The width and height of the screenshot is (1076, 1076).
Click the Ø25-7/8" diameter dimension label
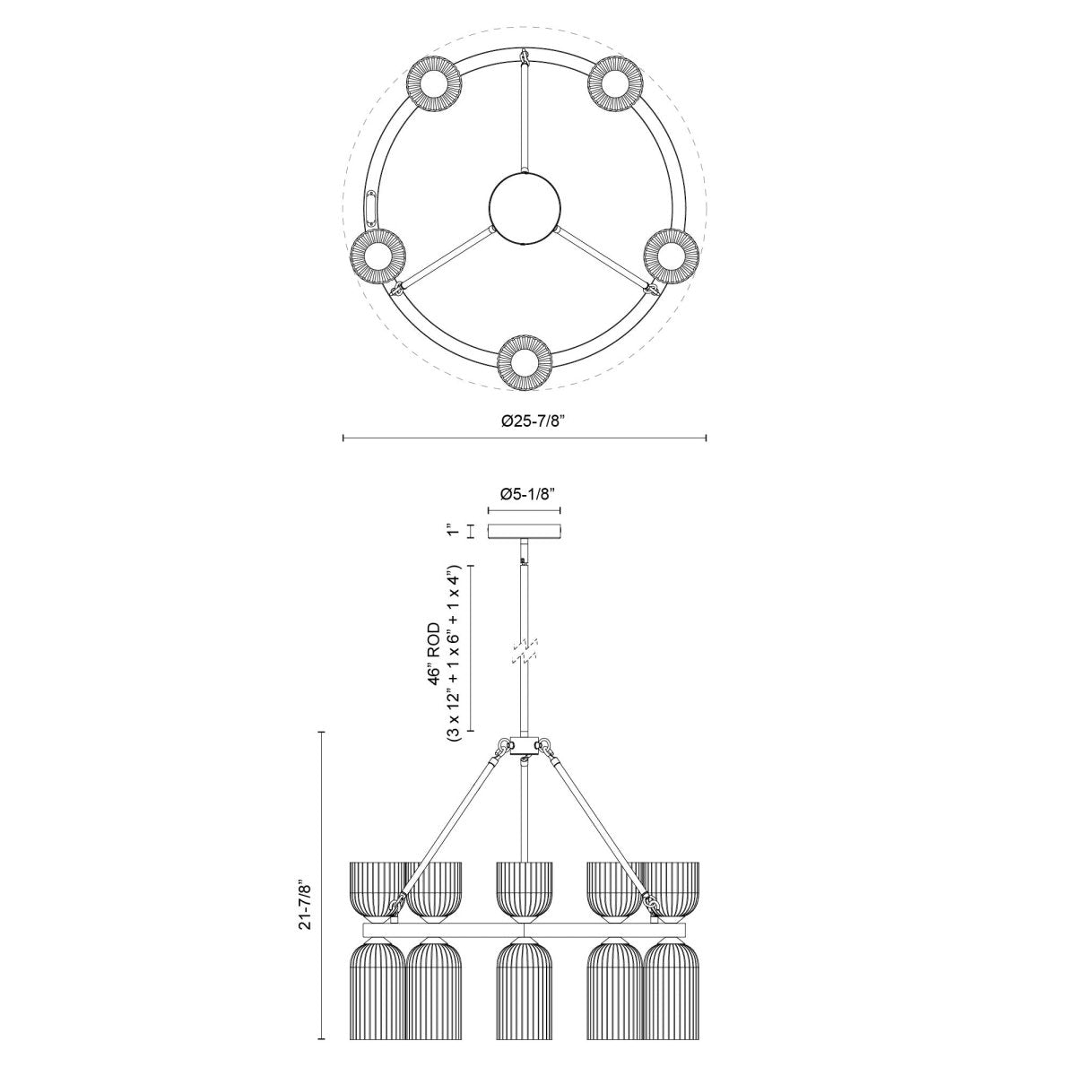click(525, 421)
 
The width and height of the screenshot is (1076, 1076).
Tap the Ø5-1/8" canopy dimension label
click(525, 493)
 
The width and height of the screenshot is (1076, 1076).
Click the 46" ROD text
click(435, 653)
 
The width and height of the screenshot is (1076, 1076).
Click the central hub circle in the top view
click(525, 209)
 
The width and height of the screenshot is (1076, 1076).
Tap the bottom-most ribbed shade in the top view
click(525, 361)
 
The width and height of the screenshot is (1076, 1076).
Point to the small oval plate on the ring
click(373, 207)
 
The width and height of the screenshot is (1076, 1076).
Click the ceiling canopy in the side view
click(525, 531)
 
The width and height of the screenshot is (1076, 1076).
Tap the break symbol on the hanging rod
click(525, 651)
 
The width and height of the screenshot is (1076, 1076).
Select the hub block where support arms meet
click(525, 746)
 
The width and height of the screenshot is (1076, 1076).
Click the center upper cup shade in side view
click(525, 888)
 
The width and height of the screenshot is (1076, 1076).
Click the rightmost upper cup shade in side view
click(672, 888)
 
